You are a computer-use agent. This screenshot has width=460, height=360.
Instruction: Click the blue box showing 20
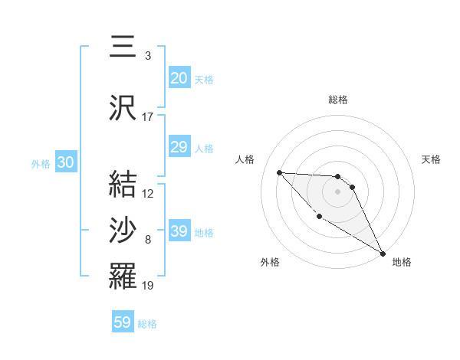click(179, 78)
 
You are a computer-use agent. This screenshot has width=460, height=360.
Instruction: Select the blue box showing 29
click(179, 148)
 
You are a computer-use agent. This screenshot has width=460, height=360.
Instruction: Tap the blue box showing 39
click(179, 232)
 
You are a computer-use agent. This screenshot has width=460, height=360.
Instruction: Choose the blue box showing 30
click(65, 162)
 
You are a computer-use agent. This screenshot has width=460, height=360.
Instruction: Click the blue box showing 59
click(123, 322)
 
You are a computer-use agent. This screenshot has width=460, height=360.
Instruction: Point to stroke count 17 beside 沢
click(148, 117)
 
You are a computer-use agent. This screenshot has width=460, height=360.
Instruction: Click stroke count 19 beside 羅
click(148, 286)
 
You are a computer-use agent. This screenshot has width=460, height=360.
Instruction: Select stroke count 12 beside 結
click(148, 193)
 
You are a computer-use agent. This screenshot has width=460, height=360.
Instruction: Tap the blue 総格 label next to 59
click(147, 324)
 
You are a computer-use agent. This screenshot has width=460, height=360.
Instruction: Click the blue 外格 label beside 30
click(41, 163)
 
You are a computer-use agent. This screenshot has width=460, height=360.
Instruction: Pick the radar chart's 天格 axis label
click(431, 159)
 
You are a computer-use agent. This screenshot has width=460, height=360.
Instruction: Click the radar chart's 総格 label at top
click(338, 100)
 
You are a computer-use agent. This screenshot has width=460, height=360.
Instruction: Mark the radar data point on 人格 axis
click(279, 172)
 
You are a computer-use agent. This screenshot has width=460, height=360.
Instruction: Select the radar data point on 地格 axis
click(383, 254)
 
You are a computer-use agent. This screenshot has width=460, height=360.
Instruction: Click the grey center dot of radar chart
click(337, 191)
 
